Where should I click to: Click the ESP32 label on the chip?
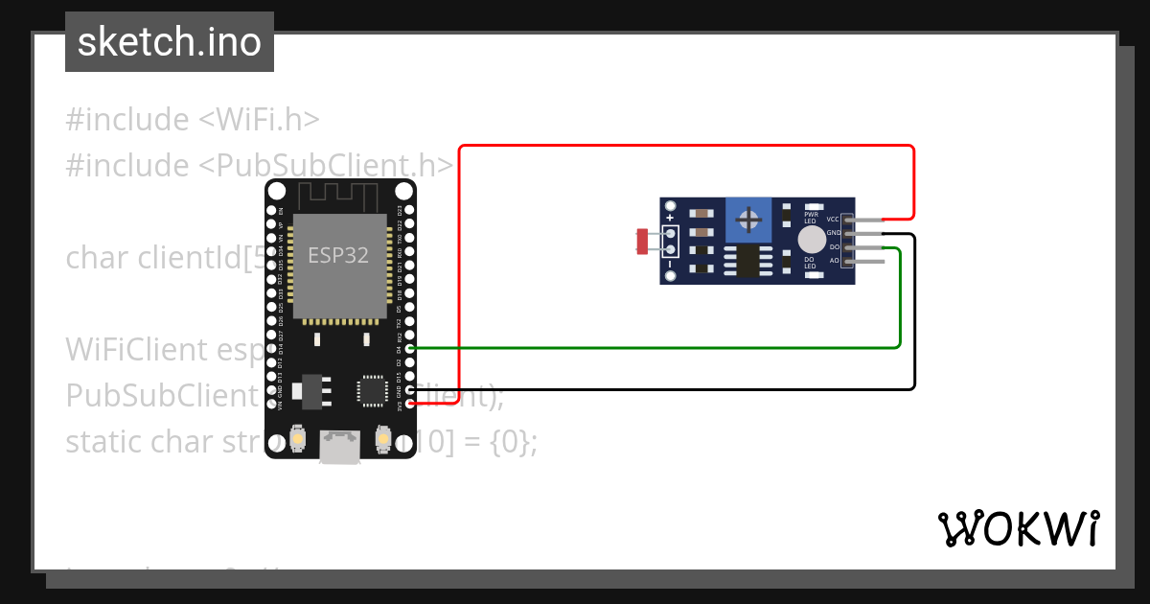pos(337,256)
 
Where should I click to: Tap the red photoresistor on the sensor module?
pos(643,241)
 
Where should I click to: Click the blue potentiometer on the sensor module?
pos(748,221)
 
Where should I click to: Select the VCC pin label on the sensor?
pos(833,220)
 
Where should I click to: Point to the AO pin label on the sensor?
pos(834,260)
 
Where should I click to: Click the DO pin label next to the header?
pos(834,247)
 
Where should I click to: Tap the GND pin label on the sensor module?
pos(833,233)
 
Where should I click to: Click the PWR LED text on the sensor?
pos(811,218)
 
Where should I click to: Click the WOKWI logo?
pos(1018,528)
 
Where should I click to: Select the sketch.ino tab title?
pos(170,42)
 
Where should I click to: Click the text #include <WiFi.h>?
pos(192,120)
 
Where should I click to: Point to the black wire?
pos(671,389)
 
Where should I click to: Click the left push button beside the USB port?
pos(299,439)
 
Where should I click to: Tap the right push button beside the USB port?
pos(382,439)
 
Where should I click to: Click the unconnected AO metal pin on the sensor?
pos(867,261)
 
